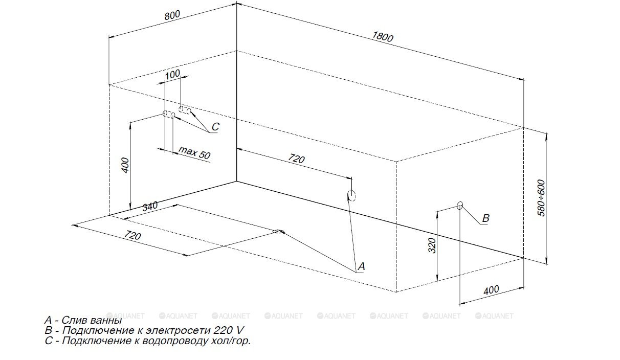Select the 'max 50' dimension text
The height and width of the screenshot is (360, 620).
[x=194, y=152]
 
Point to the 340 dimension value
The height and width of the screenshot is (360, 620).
[x=150, y=207]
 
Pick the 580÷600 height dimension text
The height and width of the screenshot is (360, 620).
[x=542, y=197]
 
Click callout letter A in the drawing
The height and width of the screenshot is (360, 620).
[x=361, y=266]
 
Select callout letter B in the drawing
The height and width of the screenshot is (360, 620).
[x=485, y=218]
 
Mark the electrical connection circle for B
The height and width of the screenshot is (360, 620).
[x=460, y=206]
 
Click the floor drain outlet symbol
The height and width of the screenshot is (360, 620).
[x=277, y=232]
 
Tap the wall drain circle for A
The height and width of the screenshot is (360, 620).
[x=351, y=195]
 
